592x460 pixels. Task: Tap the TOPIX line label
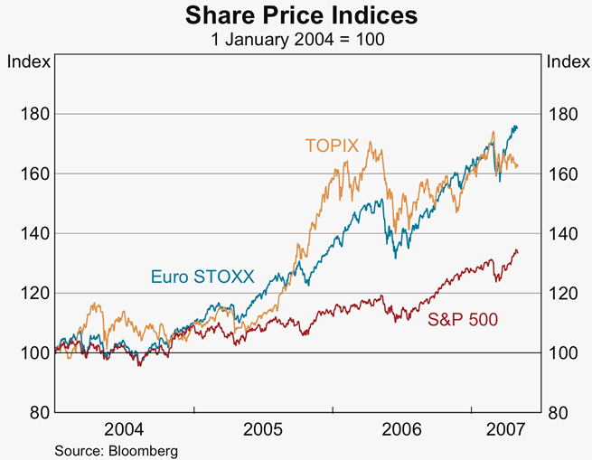(331, 146)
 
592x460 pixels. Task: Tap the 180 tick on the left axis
(33, 115)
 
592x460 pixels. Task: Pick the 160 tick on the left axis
(33, 174)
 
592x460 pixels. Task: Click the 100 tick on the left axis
(33, 353)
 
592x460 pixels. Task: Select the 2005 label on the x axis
(265, 427)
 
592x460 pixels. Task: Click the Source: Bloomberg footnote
(116, 450)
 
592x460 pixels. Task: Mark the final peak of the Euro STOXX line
(515, 127)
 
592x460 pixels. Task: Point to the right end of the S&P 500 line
(518, 252)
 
